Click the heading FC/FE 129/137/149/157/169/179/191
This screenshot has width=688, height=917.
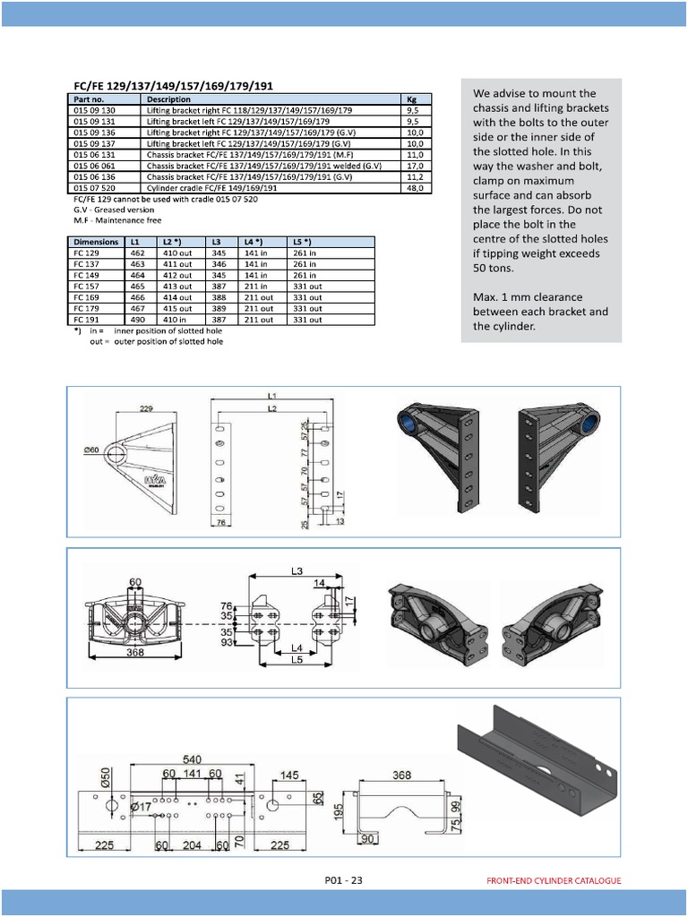pos(171,85)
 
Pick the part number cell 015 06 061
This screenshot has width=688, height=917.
pos(94,166)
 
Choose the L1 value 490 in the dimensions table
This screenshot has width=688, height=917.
pos(137,319)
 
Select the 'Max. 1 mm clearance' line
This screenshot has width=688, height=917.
pos(527,296)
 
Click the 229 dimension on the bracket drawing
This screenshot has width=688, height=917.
pos(147,408)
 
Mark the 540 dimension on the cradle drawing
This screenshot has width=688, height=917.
pos(192,758)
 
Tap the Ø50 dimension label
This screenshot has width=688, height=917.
pos(105,776)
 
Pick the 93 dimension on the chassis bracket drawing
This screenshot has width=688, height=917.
pos(227,643)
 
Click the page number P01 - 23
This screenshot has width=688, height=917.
pos(343,880)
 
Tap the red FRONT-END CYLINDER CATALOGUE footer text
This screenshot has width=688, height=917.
pos(553,880)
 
